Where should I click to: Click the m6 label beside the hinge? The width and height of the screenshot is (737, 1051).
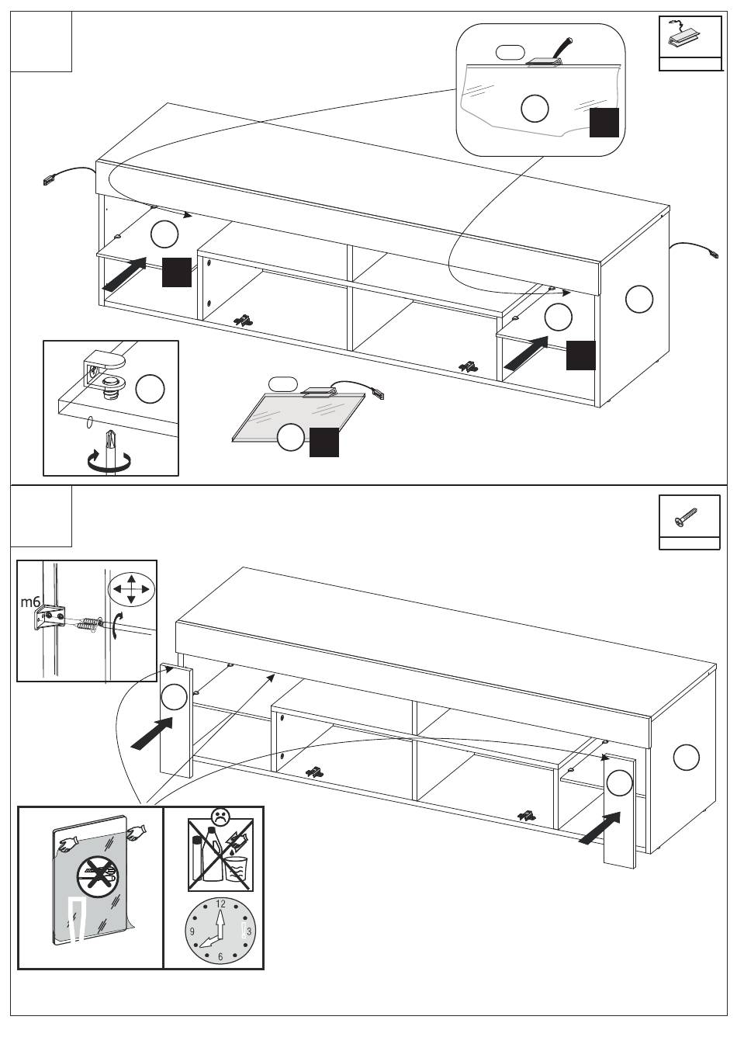tap(29, 602)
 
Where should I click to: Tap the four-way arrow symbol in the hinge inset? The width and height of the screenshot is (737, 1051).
tap(131, 589)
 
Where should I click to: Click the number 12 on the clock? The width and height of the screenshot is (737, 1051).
tap(220, 904)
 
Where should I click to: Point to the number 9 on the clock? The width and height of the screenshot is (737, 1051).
tap(192, 931)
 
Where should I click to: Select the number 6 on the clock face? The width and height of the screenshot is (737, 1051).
tap(220, 957)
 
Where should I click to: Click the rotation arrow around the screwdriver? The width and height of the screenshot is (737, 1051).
tap(109, 463)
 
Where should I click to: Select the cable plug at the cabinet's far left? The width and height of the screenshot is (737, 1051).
tap(49, 181)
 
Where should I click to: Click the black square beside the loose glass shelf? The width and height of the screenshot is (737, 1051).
tap(324, 442)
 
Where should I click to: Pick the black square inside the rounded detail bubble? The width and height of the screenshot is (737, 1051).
tap(604, 123)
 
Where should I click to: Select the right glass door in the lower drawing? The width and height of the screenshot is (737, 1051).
tap(619, 807)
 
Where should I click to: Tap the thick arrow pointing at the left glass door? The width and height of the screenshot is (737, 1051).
tap(152, 734)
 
